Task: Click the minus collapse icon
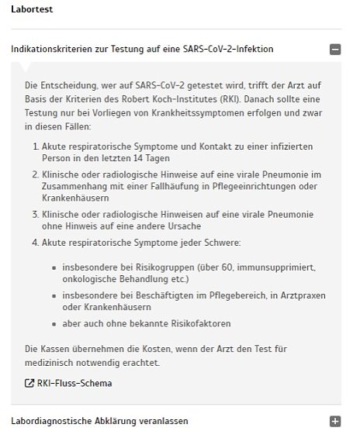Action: (334, 50)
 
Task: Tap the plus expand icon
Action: (334, 421)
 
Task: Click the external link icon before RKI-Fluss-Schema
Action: (29, 383)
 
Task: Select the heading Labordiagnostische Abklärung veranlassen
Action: (99, 421)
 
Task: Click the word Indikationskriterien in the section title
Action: (50, 50)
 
